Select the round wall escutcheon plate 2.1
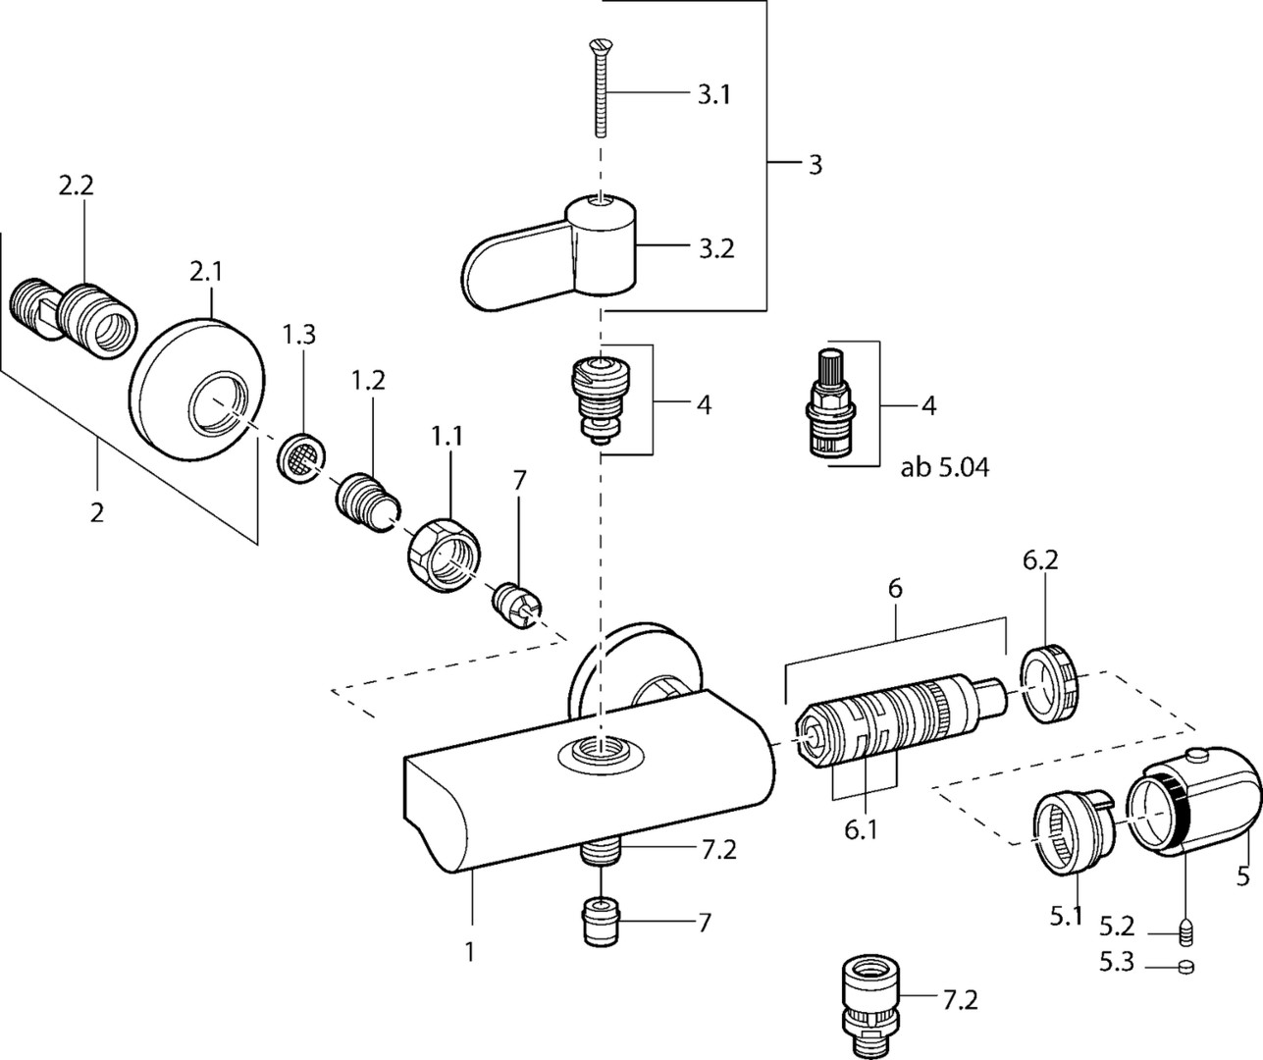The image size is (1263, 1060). tap(197, 387)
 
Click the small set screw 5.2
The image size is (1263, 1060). tap(1184, 927)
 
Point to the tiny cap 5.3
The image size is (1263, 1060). tap(1184, 966)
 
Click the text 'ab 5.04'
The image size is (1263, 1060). tap(944, 468)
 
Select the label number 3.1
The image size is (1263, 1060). tap(713, 96)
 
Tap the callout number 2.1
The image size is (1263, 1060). tap(205, 273)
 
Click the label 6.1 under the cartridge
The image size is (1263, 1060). tap(861, 831)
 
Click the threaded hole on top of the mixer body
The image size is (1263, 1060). tap(601, 754)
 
